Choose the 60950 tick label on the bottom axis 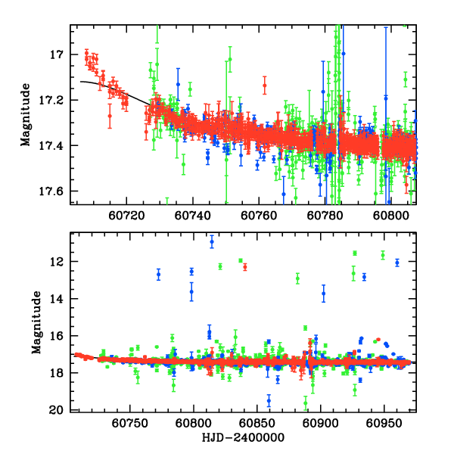pyautogui.click(x=384, y=421)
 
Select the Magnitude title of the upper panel pyautogui.click(x=26, y=113)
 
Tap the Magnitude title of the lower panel pyautogui.click(x=36, y=322)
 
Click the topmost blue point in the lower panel pyautogui.click(x=212, y=242)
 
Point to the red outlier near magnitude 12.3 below pyautogui.click(x=245, y=266)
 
